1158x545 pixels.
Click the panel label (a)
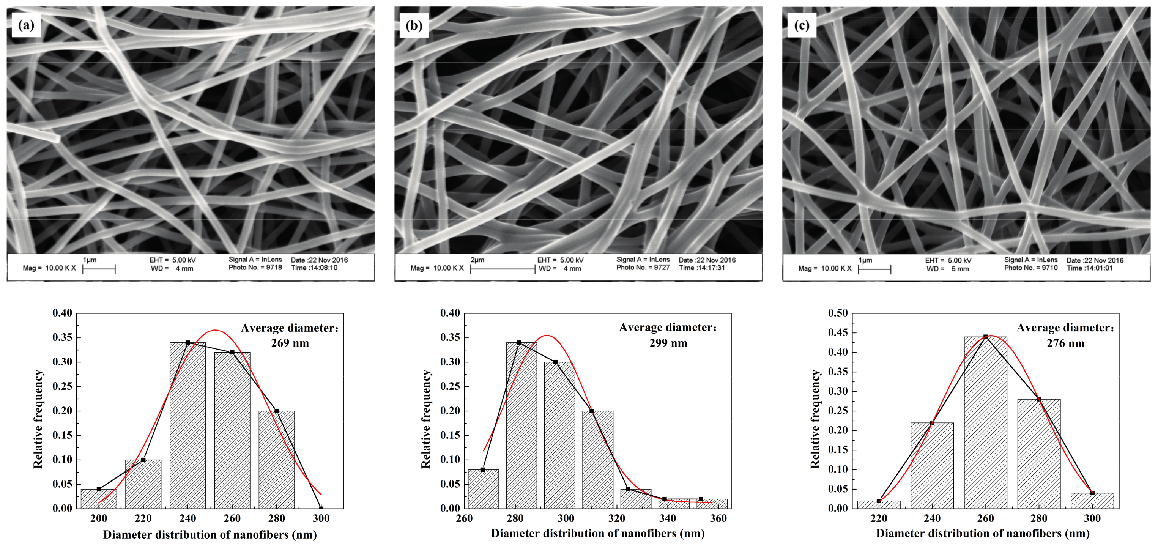tap(26, 25)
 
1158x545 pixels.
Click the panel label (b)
tap(414, 25)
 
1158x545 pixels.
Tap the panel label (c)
tap(802, 25)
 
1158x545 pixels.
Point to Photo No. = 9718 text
tap(255, 268)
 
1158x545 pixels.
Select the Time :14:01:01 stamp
tap(1090, 268)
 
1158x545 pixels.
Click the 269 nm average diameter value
tap(290, 343)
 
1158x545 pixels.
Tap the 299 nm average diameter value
tap(668, 343)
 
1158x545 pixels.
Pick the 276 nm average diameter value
tap(1065, 343)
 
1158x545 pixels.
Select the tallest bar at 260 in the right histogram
tap(985, 423)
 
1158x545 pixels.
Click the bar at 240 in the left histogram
tap(188, 425)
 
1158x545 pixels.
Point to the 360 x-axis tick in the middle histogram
tap(718, 518)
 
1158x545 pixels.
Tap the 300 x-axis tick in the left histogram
tap(321, 518)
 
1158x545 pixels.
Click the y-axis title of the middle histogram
tap(426, 419)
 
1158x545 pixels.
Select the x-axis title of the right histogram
tap(983, 534)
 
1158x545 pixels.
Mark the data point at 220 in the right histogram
tap(879, 501)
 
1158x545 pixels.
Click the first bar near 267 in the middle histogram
tap(483, 489)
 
